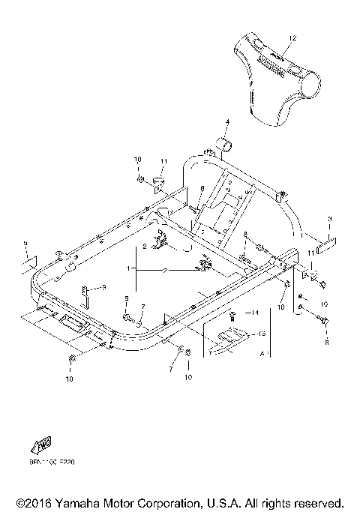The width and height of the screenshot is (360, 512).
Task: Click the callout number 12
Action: coord(292,37)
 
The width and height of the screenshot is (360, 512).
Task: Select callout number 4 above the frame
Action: coord(228,121)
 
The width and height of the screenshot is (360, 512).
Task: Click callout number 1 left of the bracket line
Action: coord(128,268)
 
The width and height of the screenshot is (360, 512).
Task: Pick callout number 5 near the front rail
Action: coord(127,298)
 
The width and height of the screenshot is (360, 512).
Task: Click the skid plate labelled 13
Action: coord(227,339)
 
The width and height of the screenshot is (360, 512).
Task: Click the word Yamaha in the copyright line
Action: coord(76,502)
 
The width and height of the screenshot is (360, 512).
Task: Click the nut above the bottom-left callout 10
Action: coord(71,362)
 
